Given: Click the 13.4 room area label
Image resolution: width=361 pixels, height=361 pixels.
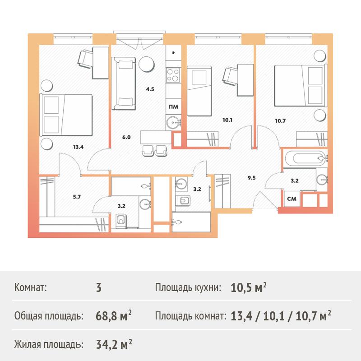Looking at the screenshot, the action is (78, 147).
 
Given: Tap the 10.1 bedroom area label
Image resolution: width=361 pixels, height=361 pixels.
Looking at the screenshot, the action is (227, 120).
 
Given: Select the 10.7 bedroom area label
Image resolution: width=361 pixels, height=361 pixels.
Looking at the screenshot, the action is (280, 120).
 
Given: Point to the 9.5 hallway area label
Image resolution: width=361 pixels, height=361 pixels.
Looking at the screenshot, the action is (251, 178).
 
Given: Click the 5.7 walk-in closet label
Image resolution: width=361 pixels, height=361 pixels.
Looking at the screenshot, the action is (77, 197).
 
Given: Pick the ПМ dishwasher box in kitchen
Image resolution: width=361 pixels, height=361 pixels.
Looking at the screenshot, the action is (173, 107).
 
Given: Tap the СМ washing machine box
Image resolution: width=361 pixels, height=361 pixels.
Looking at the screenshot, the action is (292, 199).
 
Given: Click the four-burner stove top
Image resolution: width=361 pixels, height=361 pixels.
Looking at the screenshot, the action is (173, 75).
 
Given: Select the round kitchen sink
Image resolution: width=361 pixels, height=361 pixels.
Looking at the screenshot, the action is (173, 121).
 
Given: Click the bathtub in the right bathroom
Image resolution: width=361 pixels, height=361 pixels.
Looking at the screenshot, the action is (305, 158).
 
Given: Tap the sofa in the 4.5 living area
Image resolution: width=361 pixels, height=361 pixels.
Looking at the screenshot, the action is (124, 83).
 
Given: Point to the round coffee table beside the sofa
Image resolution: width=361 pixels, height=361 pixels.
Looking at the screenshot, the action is (146, 64).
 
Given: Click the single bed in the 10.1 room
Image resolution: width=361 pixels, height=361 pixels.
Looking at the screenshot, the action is (199, 91).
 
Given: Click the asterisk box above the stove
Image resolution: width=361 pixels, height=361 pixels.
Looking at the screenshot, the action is (173, 53).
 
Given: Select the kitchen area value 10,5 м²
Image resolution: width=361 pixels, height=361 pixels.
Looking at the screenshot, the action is (249, 287).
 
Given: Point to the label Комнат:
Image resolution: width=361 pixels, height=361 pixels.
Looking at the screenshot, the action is (30, 287).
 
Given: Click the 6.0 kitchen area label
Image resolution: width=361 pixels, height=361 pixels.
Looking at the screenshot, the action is (126, 137).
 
